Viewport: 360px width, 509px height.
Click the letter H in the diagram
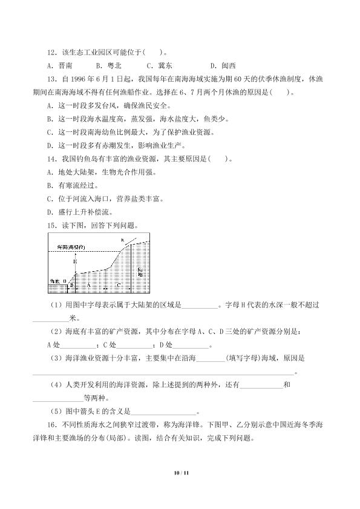tap(76, 261)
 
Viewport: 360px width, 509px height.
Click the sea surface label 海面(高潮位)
tap(71, 248)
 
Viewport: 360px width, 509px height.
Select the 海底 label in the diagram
tap(54, 281)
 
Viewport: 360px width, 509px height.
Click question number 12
tap(51, 53)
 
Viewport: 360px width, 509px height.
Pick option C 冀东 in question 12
tap(159, 66)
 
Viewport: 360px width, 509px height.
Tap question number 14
tap(51, 159)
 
